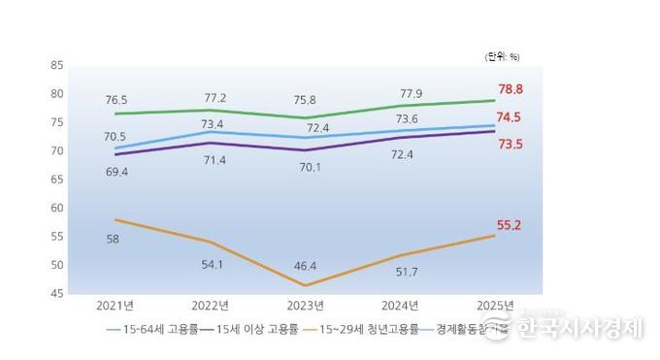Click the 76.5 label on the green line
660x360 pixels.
(x=115, y=99)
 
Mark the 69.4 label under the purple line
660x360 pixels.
(x=115, y=171)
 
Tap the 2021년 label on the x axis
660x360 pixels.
(x=115, y=306)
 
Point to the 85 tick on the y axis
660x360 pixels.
(x=56, y=65)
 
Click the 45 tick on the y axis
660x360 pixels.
(x=56, y=293)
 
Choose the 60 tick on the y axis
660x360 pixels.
(x=56, y=208)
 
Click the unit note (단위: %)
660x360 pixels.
(x=502, y=56)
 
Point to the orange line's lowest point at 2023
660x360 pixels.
(x=306, y=285)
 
